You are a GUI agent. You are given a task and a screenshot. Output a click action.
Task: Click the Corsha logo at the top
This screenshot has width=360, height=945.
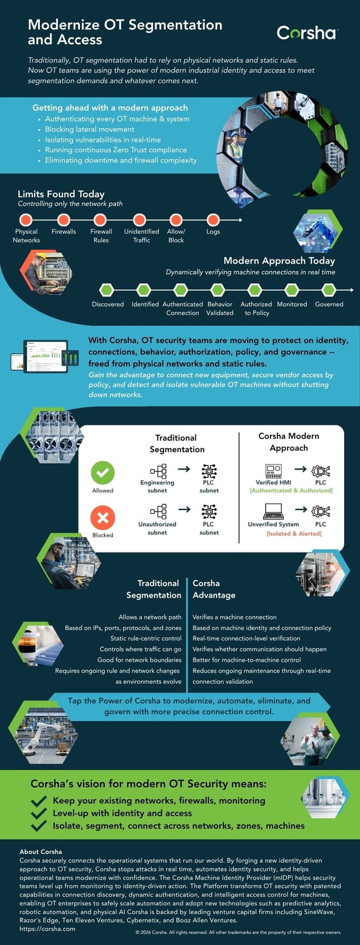307,33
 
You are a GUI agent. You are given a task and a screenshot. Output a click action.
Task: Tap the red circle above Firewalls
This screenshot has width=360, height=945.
64,220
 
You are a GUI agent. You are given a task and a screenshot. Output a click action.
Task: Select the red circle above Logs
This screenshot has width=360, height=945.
214,220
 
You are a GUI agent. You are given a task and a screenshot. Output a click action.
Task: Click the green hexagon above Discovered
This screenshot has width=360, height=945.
106,290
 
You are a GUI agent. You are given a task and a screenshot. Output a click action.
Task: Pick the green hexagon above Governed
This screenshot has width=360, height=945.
329,290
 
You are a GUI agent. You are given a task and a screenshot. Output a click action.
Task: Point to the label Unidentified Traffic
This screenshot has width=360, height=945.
142,236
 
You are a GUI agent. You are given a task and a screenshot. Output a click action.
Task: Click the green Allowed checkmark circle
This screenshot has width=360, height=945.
103,472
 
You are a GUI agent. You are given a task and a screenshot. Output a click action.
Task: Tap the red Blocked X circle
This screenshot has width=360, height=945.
103,518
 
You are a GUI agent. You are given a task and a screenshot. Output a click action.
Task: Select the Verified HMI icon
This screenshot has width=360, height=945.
274,470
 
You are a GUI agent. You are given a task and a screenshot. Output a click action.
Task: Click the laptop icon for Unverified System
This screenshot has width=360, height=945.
274,511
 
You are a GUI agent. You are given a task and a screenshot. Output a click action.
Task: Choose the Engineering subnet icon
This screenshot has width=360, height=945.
158,471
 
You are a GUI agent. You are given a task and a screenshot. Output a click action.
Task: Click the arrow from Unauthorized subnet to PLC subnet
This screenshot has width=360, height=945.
184,509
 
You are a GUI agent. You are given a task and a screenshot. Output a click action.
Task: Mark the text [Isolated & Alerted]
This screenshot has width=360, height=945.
294,534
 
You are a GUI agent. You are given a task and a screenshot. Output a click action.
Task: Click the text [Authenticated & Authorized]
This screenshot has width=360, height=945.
291,490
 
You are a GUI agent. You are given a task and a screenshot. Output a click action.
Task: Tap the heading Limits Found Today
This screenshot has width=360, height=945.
61,194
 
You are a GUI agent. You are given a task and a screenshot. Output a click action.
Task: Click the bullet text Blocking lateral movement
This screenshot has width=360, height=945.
90,129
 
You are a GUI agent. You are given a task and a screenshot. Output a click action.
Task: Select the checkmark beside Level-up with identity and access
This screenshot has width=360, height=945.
39,813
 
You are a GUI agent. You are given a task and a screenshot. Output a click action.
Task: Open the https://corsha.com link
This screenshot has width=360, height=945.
47,929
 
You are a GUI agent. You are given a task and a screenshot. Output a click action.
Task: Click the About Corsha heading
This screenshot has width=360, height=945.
41,851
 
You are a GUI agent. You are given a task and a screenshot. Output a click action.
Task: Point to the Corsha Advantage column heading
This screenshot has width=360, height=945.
214,589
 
